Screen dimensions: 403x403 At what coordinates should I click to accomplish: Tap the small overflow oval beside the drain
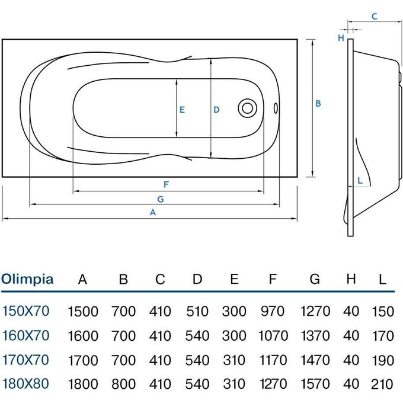coord(275,108)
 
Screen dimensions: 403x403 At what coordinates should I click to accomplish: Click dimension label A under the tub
coord(153,212)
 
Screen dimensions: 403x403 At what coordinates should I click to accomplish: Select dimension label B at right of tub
coord(318,103)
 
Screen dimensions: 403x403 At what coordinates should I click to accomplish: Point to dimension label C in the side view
coord(374,17)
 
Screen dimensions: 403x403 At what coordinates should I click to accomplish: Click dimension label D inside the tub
coord(217,109)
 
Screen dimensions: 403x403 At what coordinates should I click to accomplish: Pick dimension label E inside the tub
coord(183,109)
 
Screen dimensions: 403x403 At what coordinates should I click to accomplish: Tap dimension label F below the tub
coord(167,183)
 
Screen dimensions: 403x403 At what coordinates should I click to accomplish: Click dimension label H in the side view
coord(341,38)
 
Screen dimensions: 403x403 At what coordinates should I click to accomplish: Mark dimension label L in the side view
coord(359,180)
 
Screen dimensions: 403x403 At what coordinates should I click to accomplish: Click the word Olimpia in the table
coord(27,279)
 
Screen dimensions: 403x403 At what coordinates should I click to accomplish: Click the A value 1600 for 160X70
coord(83,335)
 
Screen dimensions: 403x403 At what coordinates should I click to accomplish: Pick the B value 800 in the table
coord(123,383)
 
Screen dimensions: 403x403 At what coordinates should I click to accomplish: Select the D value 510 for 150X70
coord(197,311)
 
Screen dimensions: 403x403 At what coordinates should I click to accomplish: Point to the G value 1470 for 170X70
coord(315,360)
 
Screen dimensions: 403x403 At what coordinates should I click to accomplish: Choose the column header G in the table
coord(314,279)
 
